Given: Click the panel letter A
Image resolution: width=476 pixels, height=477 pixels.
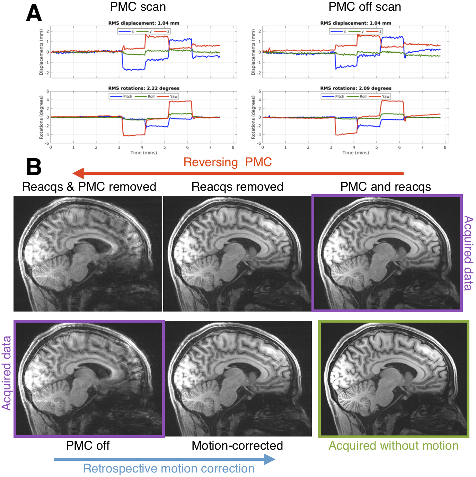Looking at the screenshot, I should click(x=34, y=14).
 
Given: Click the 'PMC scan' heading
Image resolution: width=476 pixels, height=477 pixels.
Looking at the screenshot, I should click(x=138, y=7).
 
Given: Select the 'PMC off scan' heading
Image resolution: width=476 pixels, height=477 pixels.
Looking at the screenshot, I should click(x=365, y=7).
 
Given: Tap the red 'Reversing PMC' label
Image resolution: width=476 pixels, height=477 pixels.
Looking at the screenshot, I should click(x=228, y=162).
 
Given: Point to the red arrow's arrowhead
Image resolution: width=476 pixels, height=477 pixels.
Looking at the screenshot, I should click(x=78, y=173).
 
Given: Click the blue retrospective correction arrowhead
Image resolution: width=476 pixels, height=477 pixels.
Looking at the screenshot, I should click(x=270, y=459).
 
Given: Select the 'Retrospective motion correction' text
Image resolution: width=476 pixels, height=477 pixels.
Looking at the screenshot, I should click(x=169, y=468).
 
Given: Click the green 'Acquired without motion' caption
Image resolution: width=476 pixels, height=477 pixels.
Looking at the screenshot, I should click(x=394, y=445).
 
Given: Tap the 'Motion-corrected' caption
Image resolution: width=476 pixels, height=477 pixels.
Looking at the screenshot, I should click(x=237, y=445).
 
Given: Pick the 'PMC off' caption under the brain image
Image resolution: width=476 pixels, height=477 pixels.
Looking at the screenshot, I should click(x=88, y=445).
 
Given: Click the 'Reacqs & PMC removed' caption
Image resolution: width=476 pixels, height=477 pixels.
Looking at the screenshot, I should click(x=89, y=187).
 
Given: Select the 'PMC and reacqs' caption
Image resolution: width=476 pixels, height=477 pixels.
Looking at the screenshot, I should click(x=386, y=187).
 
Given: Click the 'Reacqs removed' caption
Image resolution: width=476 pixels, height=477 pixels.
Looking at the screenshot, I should click(x=237, y=187).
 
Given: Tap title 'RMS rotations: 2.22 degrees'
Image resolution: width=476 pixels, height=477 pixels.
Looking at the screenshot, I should click(x=144, y=88).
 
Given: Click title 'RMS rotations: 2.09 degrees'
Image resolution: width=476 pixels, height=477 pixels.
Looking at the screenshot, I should click(x=356, y=88).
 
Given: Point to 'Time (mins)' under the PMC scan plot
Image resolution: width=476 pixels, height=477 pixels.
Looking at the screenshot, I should click(x=144, y=153).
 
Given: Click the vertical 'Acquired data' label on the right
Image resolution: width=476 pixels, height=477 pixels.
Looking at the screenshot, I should click(x=468, y=253).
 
